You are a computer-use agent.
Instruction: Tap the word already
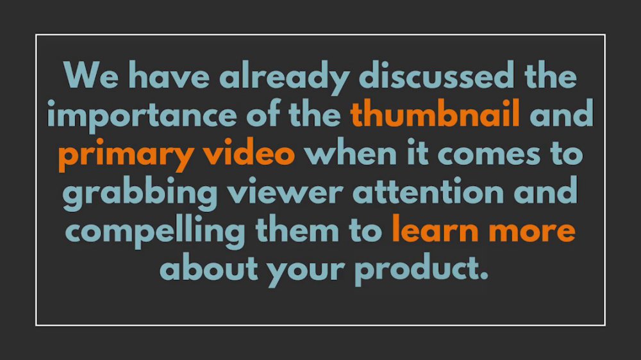point(285,78)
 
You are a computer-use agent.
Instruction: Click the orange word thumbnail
point(435,113)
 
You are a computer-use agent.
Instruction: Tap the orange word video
point(249,152)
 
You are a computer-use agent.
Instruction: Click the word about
point(208,267)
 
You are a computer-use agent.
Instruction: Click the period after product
point(483,276)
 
